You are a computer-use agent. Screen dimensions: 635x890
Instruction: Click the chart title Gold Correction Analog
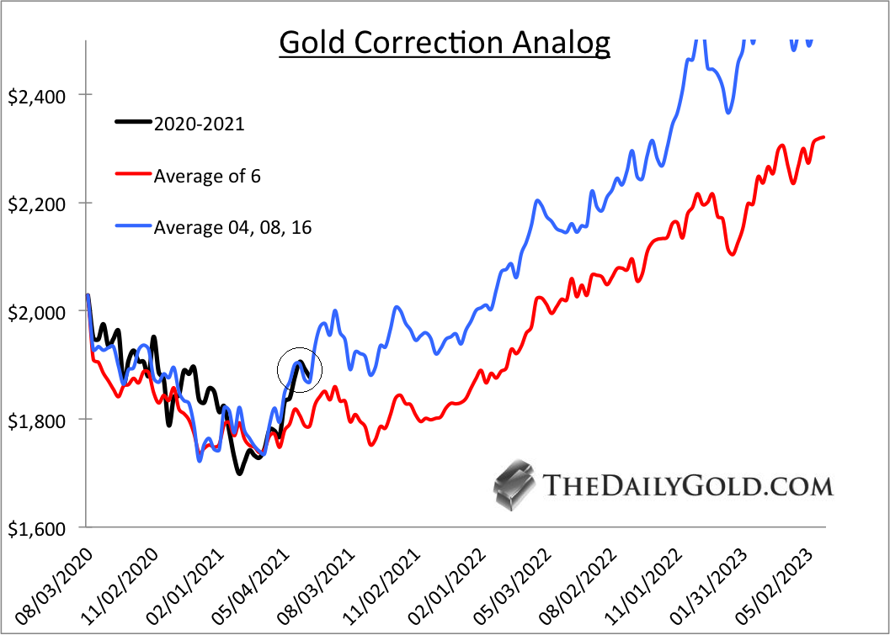coord(445,42)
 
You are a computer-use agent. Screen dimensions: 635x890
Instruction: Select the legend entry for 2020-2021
coord(199,124)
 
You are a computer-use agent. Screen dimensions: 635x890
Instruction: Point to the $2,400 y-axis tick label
coord(37,95)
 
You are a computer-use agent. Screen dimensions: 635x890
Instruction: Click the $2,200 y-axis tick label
coord(37,204)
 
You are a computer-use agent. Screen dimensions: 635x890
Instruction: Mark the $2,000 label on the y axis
coord(37,311)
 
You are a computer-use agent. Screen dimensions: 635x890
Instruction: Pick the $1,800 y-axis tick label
coord(37,420)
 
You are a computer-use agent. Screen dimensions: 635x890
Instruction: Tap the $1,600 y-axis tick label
coord(37,528)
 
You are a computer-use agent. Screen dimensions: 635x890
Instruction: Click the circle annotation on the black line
coord(301,369)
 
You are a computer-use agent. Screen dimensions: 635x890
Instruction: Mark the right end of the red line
coord(823,136)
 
